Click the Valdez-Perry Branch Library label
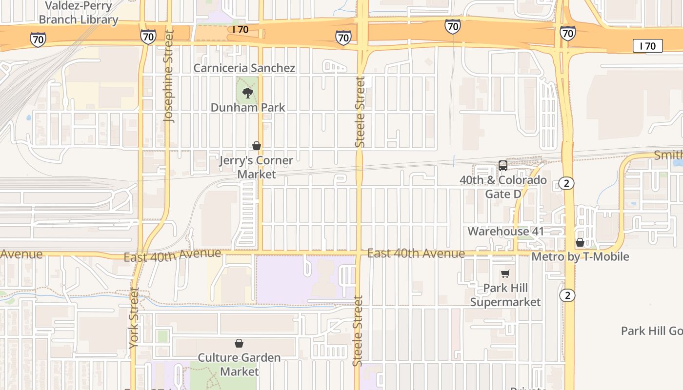[79, 13]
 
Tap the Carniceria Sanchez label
[244, 68]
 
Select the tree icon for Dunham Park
[248, 93]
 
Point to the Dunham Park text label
[248, 107]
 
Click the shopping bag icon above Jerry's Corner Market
[257, 146]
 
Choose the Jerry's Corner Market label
[257, 167]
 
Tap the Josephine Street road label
[169, 77]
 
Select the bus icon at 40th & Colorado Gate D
[503, 166]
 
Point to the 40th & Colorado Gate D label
[503, 187]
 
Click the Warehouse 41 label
[505, 231]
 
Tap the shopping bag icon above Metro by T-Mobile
[580, 242]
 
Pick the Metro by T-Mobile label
[580, 256]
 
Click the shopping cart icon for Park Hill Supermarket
[505, 274]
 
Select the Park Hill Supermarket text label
[505, 295]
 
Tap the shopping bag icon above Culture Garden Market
[239, 344]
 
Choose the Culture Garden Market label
[239, 364]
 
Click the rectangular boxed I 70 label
[648, 46]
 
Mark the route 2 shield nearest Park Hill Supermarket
[567, 295]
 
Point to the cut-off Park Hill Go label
[651, 331]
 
